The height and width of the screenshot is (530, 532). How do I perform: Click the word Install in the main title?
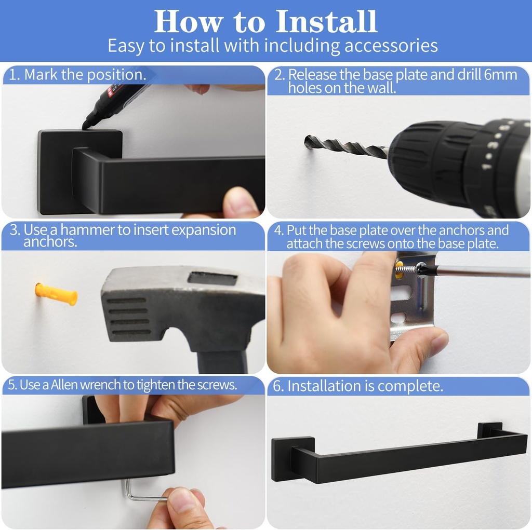click(x=326, y=22)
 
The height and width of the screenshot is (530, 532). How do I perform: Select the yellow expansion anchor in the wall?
click(x=56, y=294)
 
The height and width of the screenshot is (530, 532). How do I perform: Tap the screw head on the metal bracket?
click(x=421, y=269)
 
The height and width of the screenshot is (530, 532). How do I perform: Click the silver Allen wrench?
click(x=143, y=492)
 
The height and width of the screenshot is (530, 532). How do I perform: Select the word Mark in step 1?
click(x=41, y=75)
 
